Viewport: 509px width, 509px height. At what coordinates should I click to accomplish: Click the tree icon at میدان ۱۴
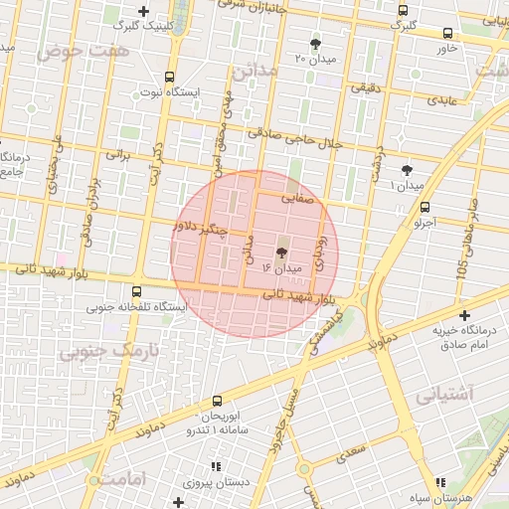[x=280, y=253]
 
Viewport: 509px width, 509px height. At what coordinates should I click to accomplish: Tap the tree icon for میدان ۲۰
[x=316, y=44]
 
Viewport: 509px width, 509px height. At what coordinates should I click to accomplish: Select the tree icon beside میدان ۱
[x=407, y=170]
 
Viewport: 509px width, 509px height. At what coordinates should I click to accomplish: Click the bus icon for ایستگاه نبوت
[x=169, y=76]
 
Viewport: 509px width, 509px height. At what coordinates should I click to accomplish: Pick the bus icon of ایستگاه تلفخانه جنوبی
[x=137, y=291]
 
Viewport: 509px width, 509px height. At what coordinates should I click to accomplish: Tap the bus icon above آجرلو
[x=425, y=207]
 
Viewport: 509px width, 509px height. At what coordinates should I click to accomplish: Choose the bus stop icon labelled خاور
[x=446, y=32]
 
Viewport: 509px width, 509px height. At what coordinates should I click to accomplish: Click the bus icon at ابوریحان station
[x=217, y=402]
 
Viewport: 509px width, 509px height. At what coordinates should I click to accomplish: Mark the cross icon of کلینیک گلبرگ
[x=144, y=12]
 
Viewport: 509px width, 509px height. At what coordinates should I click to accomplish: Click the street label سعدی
[x=351, y=452]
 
